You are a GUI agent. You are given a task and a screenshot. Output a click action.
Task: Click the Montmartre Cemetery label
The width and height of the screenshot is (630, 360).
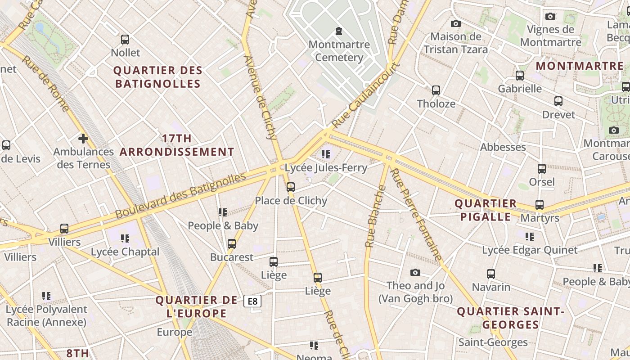pyautogui.click(x=339, y=51)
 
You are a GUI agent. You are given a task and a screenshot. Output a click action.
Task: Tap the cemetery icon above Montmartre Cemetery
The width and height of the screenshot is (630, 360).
pyautogui.click(x=338, y=31)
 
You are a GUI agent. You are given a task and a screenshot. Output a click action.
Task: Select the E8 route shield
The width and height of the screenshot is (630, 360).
pyautogui.click(x=252, y=301)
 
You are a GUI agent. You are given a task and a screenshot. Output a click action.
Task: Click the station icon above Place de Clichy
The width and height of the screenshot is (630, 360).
pyautogui.click(x=291, y=187)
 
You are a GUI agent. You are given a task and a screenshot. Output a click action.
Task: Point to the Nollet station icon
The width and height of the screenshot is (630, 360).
pyautogui.click(x=125, y=39)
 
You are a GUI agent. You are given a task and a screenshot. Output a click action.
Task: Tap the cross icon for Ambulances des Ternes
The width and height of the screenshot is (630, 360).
pyautogui.click(x=83, y=138)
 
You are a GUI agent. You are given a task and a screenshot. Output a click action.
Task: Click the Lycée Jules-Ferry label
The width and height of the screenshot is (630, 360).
pyautogui.click(x=326, y=168)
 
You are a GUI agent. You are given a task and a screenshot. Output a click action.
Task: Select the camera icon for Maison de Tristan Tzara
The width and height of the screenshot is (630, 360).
pyautogui.click(x=456, y=23)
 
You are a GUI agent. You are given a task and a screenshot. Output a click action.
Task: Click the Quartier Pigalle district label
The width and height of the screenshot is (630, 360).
pyautogui.click(x=486, y=210)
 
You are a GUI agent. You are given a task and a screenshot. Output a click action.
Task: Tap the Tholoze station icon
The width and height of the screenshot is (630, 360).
pyautogui.click(x=436, y=90)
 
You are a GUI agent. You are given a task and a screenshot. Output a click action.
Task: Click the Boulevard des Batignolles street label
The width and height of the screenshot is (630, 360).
pyautogui.click(x=180, y=195)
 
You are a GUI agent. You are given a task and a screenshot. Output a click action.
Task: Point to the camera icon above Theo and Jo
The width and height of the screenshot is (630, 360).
pyautogui.click(x=415, y=272)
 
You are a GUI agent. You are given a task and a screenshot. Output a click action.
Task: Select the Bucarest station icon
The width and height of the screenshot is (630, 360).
pyautogui.click(x=232, y=244)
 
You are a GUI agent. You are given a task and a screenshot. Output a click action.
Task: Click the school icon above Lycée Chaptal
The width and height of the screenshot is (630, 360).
pyautogui.click(x=125, y=238)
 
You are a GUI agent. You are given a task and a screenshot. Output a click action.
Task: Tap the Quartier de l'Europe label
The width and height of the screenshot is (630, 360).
pyautogui.click(x=197, y=306)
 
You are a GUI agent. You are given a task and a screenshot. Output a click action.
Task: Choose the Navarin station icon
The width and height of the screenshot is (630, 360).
pyautogui.click(x=491, y=274)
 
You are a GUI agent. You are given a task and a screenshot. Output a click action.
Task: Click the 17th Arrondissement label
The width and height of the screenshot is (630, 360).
pyautogui.click(x=177, y=145)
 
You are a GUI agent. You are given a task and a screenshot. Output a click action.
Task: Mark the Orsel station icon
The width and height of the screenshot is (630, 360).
pyautogui.click(x=542, y=169)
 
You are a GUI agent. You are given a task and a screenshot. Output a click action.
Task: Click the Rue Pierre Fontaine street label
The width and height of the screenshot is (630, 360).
pyautogui.click(x=416, y=215)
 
